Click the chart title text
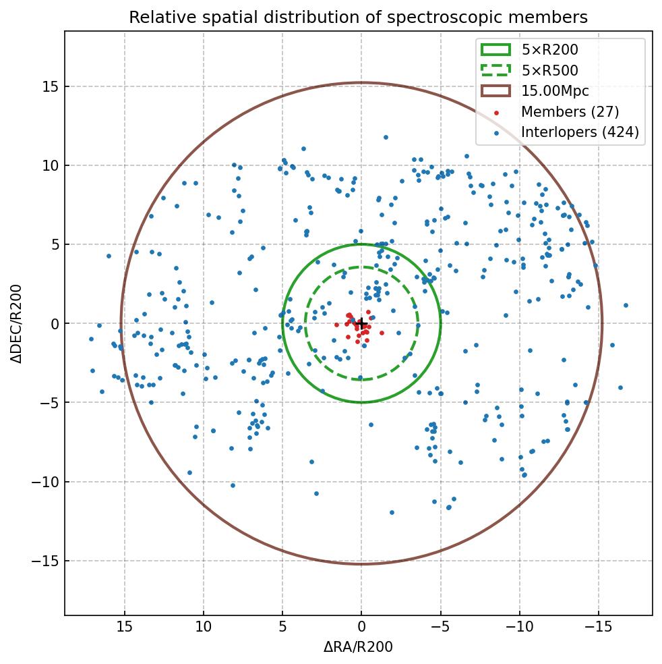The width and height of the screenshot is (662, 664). [x=358, y=17]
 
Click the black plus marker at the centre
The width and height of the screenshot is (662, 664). [x=361, y=323]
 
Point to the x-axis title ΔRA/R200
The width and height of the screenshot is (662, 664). [x=358, y=647]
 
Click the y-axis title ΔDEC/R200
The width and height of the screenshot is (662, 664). [x=16, y=323]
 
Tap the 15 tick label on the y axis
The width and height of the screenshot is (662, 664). [x=49, y=86]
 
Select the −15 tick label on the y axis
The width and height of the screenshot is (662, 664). [x=45, y=561]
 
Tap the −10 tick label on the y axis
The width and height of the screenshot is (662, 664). [x=45, y=482]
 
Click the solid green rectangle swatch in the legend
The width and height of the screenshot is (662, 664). [x=495, y=49]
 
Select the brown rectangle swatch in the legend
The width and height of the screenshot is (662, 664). [x=495, y=91]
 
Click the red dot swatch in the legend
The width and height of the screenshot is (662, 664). [x=496, y=113]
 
